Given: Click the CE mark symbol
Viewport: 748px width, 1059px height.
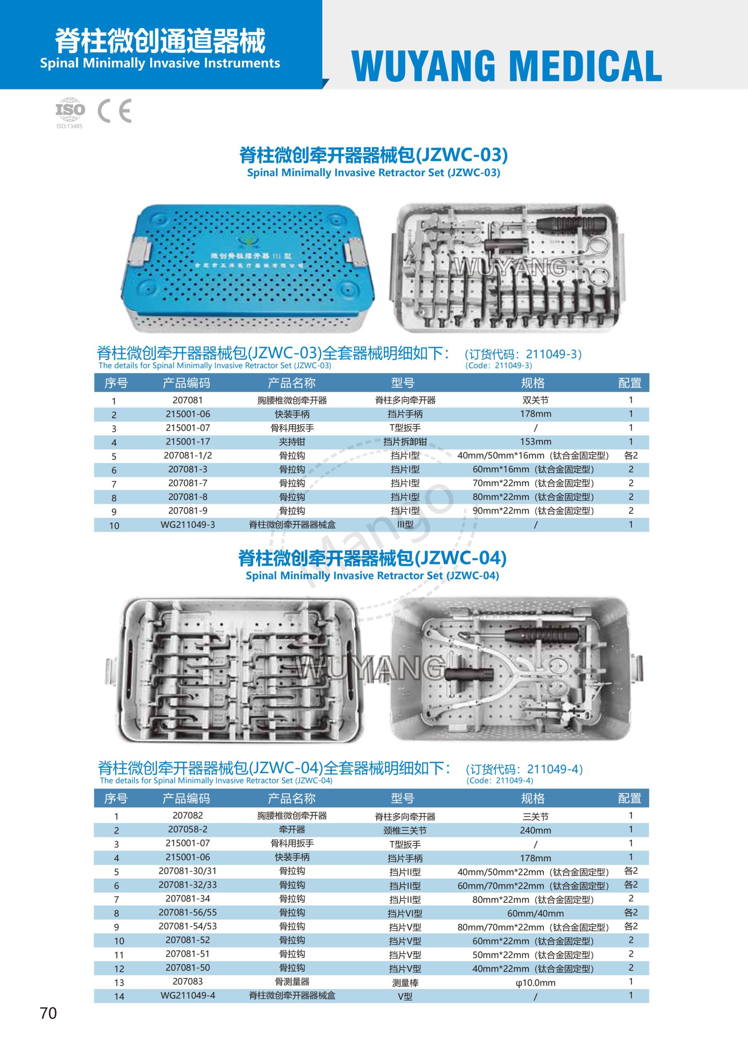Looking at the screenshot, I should (x=115, y=111).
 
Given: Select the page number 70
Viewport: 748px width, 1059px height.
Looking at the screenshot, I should (x=48, y=1013).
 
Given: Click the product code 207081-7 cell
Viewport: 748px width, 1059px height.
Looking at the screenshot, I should (x=188, y=483).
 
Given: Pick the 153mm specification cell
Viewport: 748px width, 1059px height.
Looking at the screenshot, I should (x=535, y=441).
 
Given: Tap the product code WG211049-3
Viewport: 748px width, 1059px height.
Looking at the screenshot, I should (x=188, y=525).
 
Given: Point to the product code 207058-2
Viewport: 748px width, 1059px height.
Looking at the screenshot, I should (x=188, y=829).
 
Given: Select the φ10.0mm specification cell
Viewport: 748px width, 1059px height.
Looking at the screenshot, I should (x=535, y=983).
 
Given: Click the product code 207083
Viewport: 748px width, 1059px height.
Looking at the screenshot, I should (x=188, y=982).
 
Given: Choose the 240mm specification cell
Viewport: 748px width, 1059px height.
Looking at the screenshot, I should (x=535, y=830).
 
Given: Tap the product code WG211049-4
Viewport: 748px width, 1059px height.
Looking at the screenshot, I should (x=188, y=995).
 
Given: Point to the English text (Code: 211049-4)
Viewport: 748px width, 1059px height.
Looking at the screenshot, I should (x=500, y=781).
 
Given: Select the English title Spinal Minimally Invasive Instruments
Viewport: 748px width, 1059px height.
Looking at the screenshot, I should (x=160, y=63).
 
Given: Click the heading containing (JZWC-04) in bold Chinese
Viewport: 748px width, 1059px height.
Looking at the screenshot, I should (x=372, y=558).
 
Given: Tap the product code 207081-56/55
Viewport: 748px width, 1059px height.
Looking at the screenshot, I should (x=188, y=912).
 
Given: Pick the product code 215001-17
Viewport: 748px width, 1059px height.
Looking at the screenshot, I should (x=188, y=441).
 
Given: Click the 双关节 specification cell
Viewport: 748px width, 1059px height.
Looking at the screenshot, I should (x=535, y=400).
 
